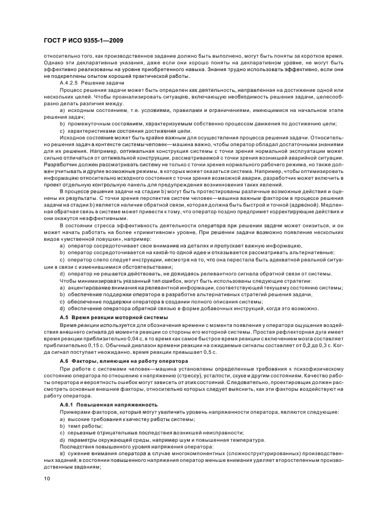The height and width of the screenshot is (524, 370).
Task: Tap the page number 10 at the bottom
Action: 47,479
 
